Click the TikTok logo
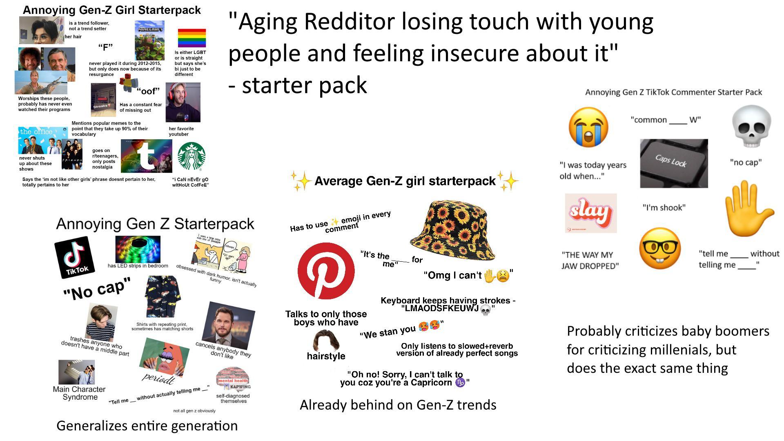tap(74, 257)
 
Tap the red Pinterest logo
tap(326, 271)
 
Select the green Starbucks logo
tap(192, 156)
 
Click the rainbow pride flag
tap(192, 38)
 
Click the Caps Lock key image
tap(674, 163)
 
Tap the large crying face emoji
tap(588, 127)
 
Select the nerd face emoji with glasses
tap(660, 249)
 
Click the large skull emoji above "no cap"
tap(751, 126)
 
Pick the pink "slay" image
tap(590, 213)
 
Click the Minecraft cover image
tap(149, 40)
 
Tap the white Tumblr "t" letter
tap(146, 157)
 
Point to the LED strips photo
tap(138, 249)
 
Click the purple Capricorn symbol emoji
tap(460, 383)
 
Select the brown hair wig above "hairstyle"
tap(326, 341)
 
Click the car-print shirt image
tap(162, 296)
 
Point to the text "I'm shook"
tap(664, 207)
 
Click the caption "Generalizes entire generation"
tap(147, 425)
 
